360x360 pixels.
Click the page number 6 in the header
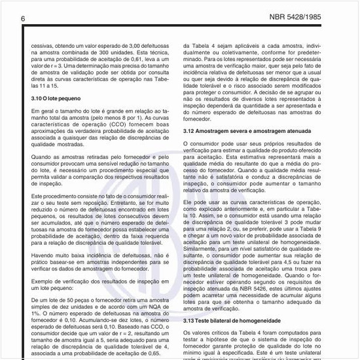pyautogui.click(x=22, y=18)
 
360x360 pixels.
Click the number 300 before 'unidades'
pyautogui.click(x=99, y=53)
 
